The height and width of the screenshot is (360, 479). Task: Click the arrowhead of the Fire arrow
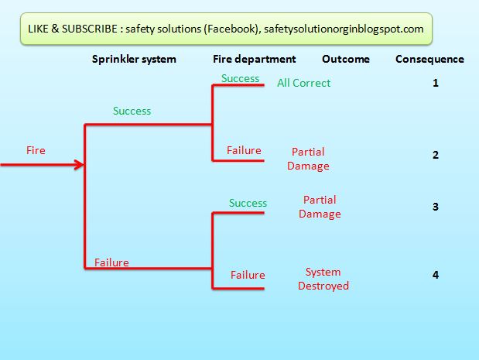click(79, 164)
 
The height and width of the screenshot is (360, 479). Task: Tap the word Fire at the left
click(36, 150)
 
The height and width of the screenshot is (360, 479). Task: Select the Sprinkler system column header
click(134, 59)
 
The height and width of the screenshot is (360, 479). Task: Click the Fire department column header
click(255, 59)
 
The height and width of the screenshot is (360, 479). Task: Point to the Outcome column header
click(346, 59)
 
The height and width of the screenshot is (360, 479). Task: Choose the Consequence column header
click(429, 59)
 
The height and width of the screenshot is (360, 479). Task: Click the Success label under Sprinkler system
click(132, 111)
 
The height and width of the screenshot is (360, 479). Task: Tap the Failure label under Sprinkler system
click(111, 262)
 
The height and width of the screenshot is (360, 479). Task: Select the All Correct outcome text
click(303, 83)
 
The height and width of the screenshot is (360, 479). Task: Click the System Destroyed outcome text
click(323, 279)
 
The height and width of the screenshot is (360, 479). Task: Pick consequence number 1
click(436, 82)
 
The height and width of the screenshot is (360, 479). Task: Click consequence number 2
click(436, 155)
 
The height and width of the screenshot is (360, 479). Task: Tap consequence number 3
click(436, 207)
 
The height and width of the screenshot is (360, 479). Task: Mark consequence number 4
click(436, 274)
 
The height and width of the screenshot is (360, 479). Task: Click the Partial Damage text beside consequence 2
click(308, 159)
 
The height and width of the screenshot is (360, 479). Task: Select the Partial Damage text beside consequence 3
click(320, 207)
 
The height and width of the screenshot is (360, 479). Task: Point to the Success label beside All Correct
click(240, 78)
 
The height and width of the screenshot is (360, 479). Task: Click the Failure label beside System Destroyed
click(248, 275)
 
